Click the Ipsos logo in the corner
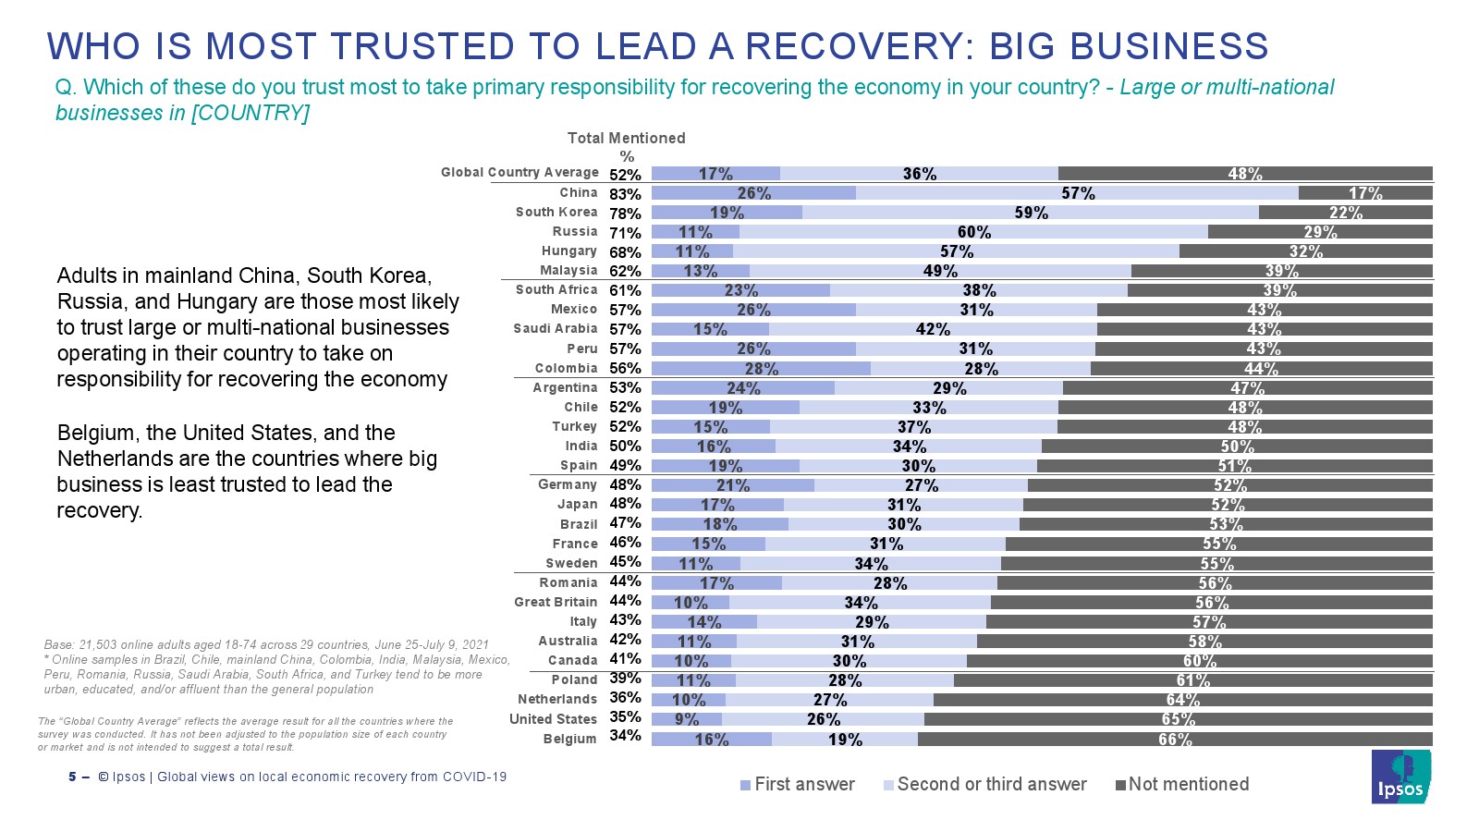1400,777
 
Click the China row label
579,192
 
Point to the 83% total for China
625,194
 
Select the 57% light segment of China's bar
1077,193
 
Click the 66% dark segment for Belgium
1175,739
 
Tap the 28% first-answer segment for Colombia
761,368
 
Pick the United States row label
553,718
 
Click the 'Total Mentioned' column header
626,138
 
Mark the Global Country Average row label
519,172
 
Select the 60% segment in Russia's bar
973,232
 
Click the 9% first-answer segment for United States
687,718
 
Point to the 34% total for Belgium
625,736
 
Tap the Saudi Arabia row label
556,328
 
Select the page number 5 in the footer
72,777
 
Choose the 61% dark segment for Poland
1192,680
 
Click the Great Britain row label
556,602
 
